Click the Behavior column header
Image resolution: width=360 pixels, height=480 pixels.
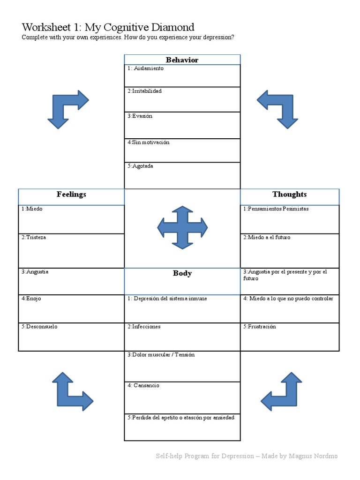click(x=182, y=60)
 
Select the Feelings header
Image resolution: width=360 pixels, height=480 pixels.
click(x=71, y=194)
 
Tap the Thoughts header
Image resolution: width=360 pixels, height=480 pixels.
click(x=289, y=194)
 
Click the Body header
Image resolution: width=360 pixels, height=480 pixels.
click(x=182, y=273)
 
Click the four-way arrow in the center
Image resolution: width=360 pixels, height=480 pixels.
click(x=182, y=227)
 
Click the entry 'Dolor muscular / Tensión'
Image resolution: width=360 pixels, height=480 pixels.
click(x=161, y=355)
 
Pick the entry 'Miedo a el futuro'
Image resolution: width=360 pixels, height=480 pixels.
click(x=267, y=238)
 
